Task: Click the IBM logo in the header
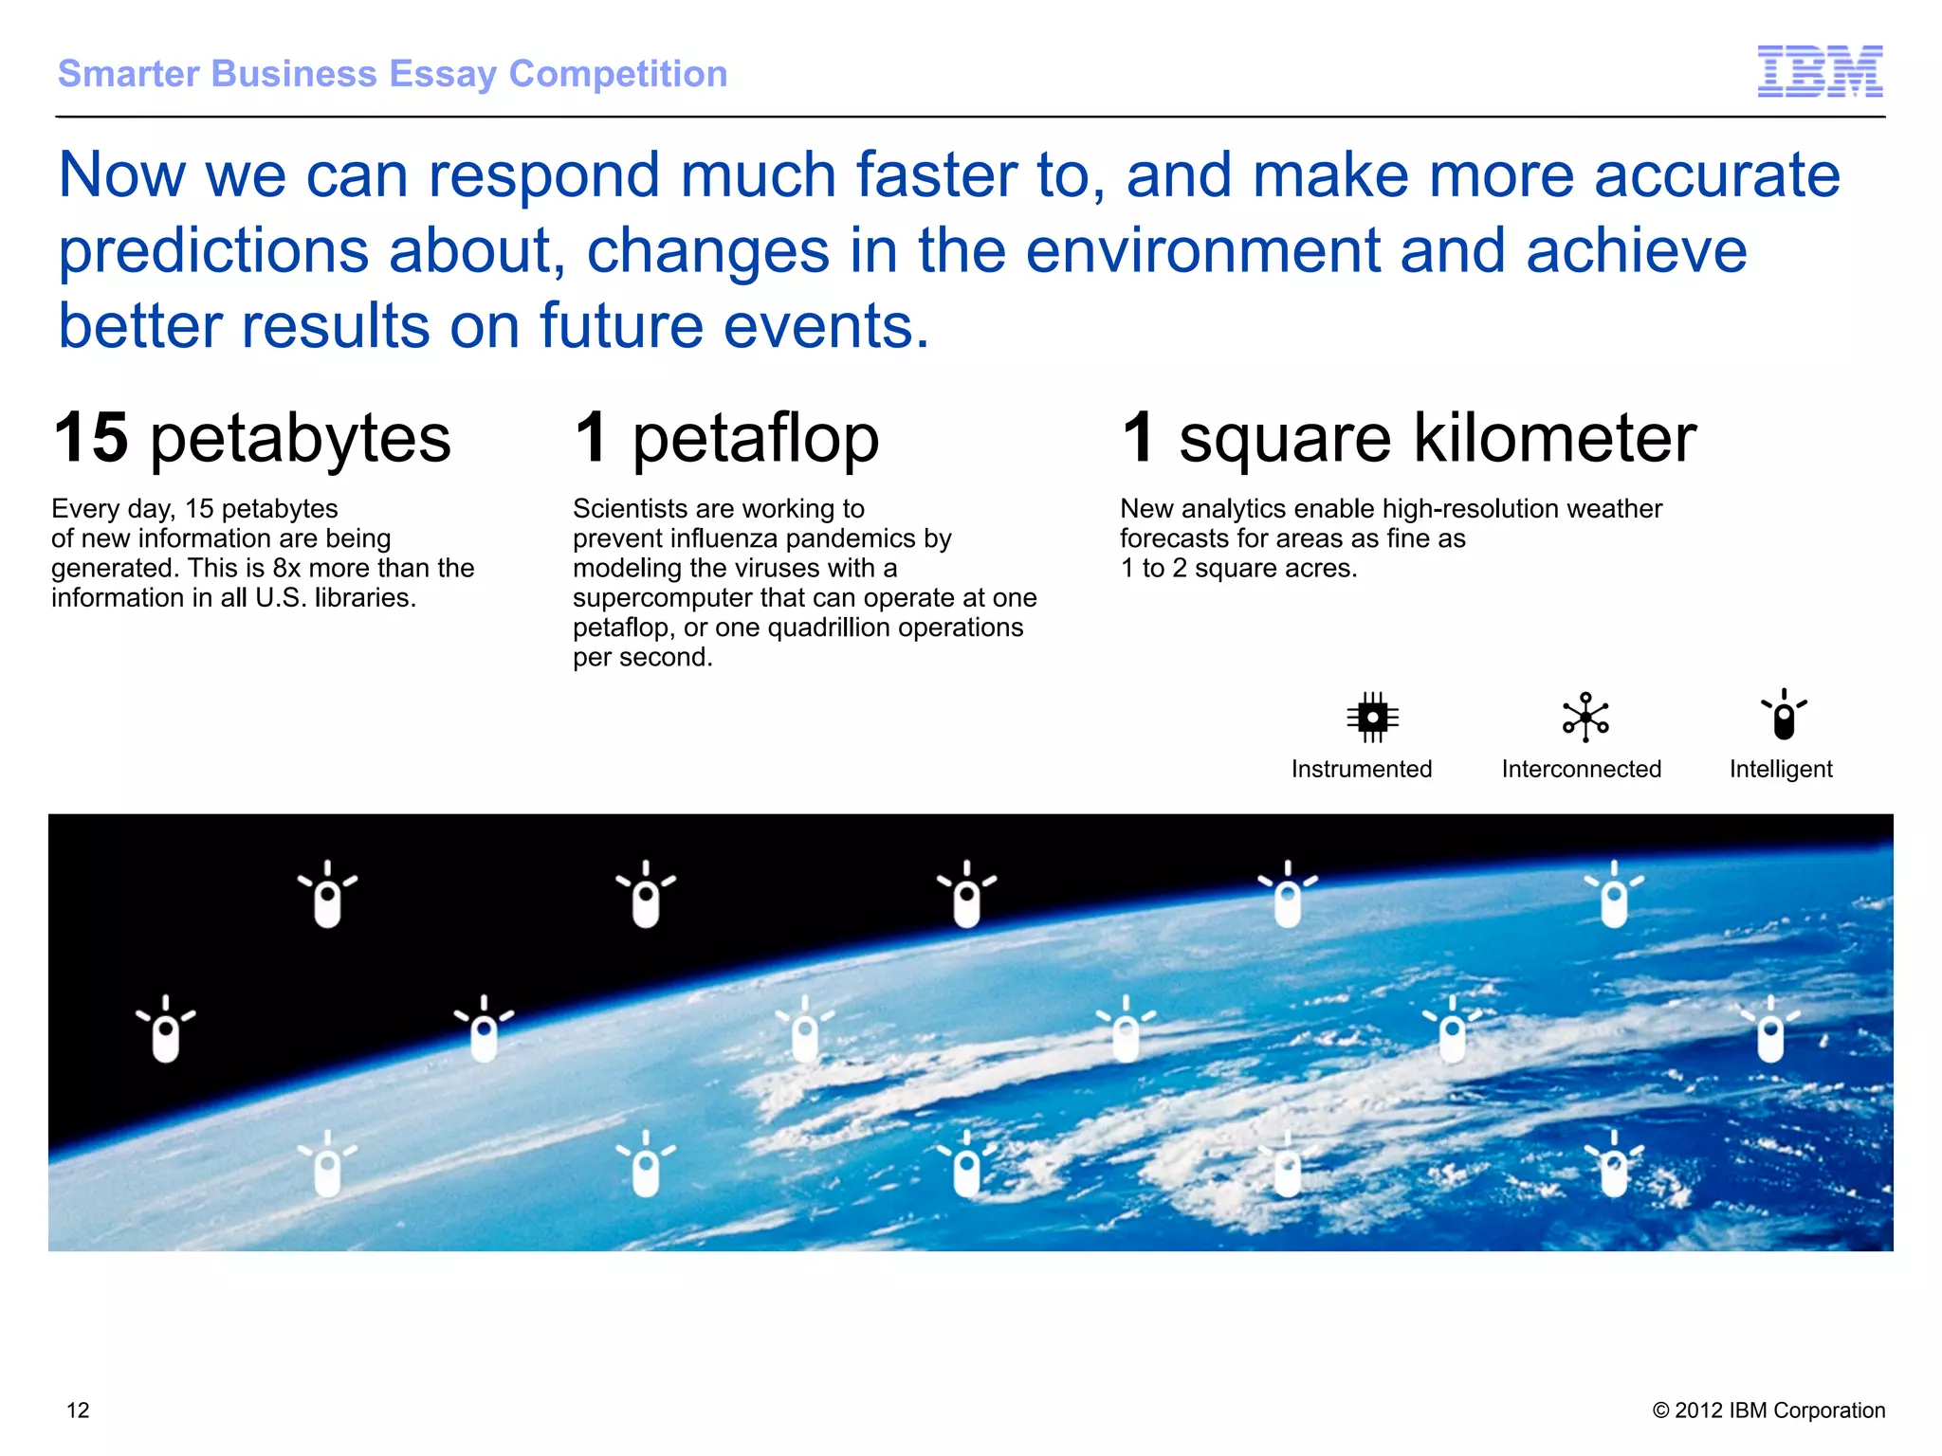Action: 1820,71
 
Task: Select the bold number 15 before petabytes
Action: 91,438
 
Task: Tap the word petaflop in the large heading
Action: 756,440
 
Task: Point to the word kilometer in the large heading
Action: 1554,438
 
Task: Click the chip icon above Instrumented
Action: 1372,718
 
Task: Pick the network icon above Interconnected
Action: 1585,718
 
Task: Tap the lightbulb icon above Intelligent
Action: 1784,715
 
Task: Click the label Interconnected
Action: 1581,769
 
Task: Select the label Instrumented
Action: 1361,769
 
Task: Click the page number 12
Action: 78,1410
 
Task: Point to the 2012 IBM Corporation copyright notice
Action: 1768,1410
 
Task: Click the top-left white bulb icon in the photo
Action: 327,895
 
